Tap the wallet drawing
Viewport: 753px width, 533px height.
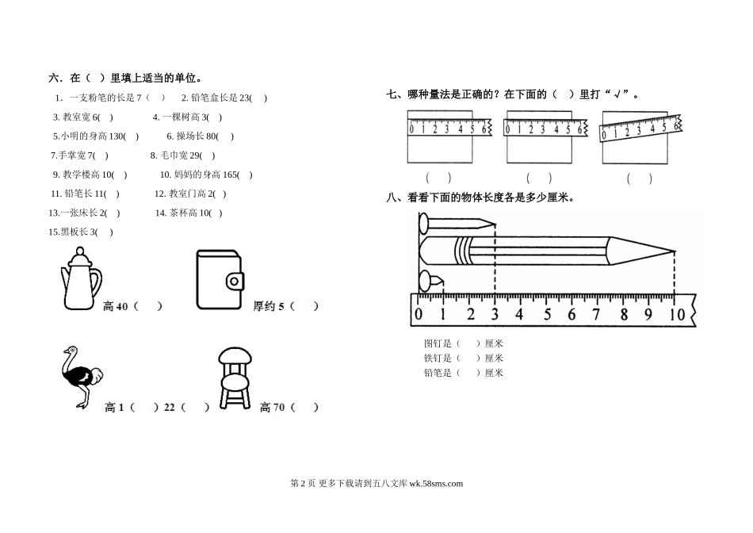point(220,280)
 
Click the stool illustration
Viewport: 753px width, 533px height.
point(235,378)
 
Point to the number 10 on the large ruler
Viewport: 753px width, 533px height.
point(677,314)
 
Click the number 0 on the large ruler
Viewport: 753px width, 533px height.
point(419,314)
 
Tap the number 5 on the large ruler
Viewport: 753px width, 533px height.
point(547,314)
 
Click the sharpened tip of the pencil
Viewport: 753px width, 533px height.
point(675,251)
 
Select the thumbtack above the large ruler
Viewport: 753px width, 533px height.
point(430,281)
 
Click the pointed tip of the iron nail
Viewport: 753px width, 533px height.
point(495,224)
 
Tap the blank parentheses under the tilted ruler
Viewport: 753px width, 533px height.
point(639,179)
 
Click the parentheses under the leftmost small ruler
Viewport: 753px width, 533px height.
point(438,178)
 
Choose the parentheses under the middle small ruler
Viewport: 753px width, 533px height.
point(539,178)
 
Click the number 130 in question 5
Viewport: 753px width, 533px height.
point(117,136)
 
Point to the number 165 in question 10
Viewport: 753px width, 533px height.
point(231,175)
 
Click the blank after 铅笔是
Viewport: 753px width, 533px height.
point(468,373)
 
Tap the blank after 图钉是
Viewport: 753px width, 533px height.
point(468,343)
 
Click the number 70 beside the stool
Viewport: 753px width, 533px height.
point(278,408)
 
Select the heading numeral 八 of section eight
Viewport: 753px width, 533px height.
point(392,197)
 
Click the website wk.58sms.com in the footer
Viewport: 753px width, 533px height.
point(436,484)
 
